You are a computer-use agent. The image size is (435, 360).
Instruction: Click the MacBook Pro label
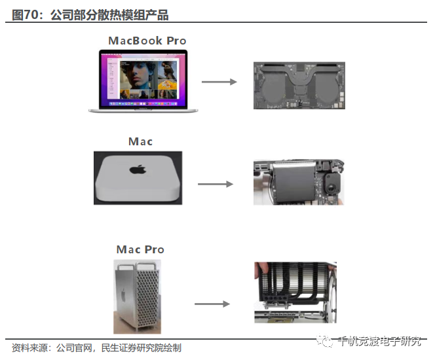147,41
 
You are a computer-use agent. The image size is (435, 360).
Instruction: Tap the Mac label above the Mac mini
140,141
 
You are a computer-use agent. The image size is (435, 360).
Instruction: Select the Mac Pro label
140,249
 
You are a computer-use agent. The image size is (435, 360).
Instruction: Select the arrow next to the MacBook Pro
219,82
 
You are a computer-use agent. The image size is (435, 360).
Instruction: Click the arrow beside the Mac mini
216,184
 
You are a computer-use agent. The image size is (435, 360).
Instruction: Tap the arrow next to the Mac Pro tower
212,304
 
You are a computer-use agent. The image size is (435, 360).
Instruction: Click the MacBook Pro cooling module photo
299,86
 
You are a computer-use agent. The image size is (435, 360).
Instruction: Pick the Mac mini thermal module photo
298,183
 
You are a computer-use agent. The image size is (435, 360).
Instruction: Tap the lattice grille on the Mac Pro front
146,298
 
